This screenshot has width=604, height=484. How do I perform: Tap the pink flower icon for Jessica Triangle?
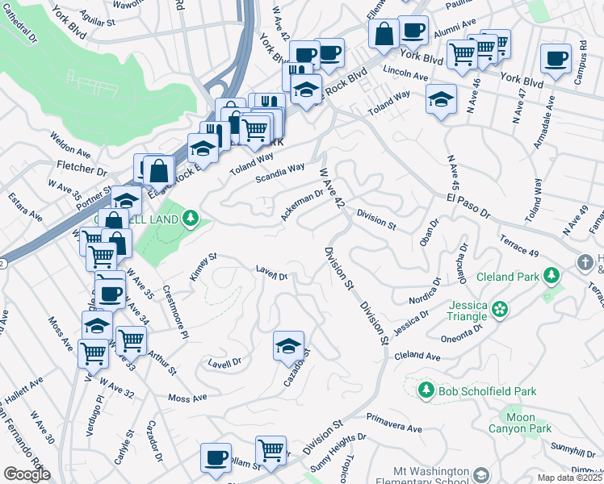(x=500, y=308)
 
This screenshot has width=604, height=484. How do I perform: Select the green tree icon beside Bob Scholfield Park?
(x=426, y=390)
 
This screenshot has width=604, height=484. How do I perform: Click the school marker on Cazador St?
(x=289, y=347)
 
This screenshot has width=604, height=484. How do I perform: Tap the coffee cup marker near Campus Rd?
(x=556, y=59)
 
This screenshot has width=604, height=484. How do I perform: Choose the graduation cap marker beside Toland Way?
(x=439, y=99)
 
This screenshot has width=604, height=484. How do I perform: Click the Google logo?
(x=27, y=474)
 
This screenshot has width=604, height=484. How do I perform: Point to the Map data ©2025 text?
(x=569, y=478)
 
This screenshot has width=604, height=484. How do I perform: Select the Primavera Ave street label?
(x=394, y=423)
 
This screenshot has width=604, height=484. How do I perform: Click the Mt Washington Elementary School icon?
(x=482, y=474)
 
